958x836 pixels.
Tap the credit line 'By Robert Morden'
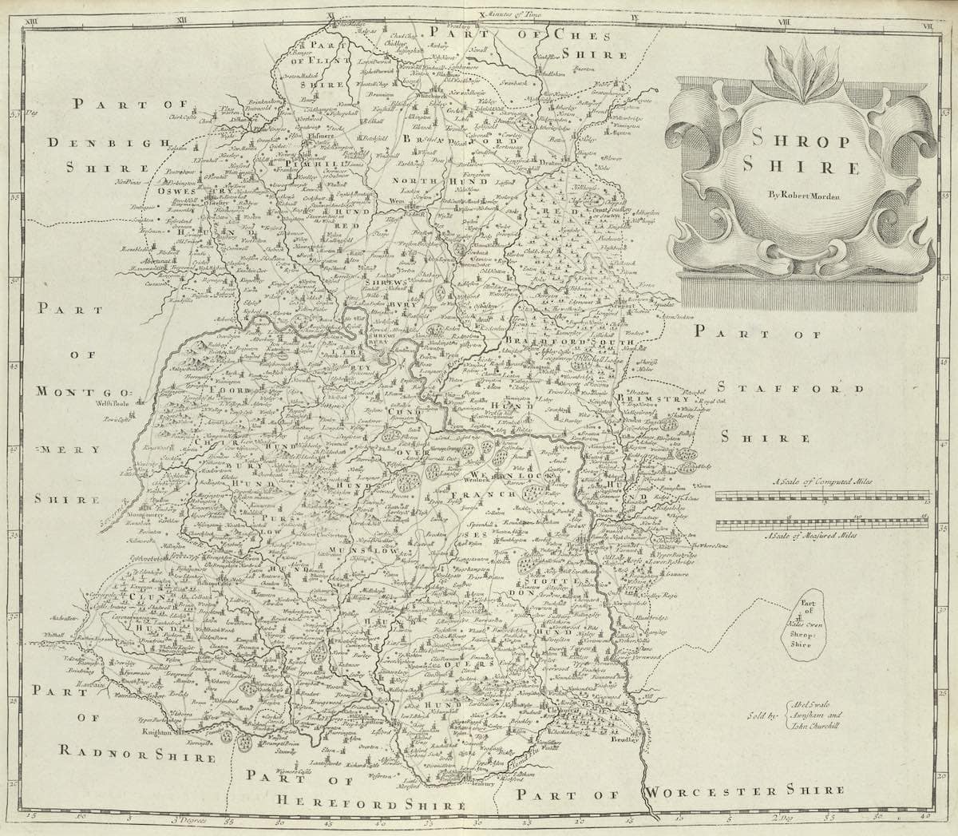pyautogui.click(x=801, y=193)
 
